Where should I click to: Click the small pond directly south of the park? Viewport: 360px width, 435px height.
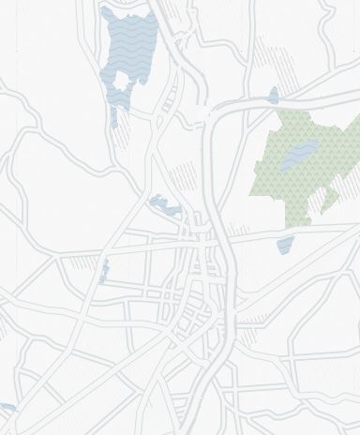285,246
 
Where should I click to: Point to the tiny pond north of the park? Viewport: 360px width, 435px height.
273,95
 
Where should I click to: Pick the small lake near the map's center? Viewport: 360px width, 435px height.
166,205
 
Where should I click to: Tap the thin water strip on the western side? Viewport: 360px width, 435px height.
105,269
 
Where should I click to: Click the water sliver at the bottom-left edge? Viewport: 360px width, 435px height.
7,408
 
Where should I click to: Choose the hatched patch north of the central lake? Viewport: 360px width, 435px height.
187,174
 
